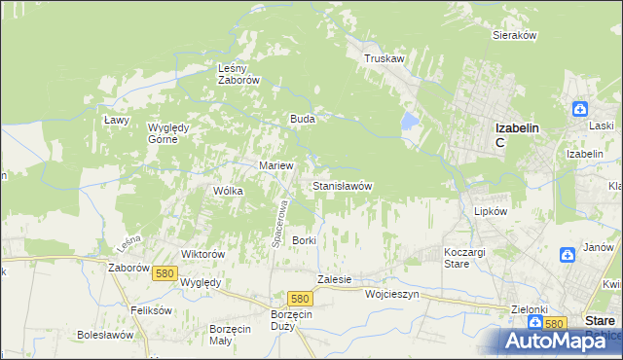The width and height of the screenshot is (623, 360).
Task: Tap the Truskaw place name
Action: tap(384, 58)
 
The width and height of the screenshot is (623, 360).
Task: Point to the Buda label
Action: tap(301, 119)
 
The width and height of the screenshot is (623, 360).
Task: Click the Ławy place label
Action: tap(117, 120)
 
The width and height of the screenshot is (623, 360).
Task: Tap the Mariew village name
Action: tap(275, 165)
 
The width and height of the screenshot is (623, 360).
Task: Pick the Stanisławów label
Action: tap(342, 185)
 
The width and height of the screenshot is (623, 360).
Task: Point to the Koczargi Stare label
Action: tap(457, 257)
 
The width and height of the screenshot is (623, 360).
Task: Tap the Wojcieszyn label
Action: tap(391, 293)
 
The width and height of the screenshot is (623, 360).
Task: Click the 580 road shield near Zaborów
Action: tap(164, 274)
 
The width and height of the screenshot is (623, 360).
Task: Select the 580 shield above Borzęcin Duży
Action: tap(300, 300)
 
